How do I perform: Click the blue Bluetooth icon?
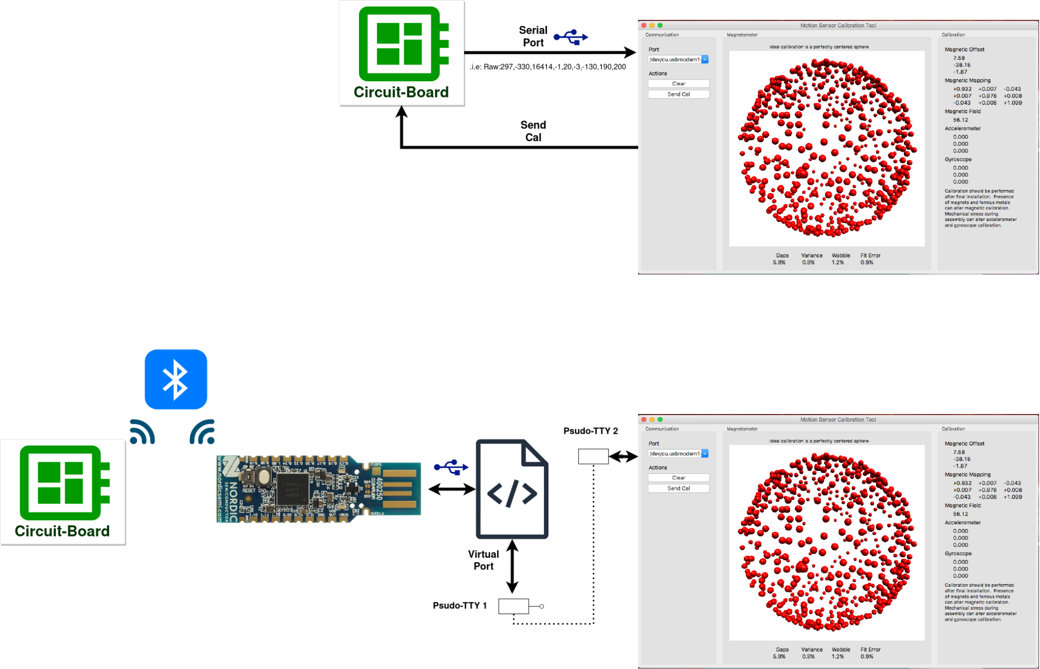pyautogui.click(x=176, y=379)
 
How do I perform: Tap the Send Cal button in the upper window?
pyautogui.click(x=678, y=94)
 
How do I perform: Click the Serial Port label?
pyautogui.click(x=533, y=37)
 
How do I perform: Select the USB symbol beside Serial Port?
pyautogui.click(x=571, y=37)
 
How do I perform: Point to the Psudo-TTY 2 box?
pyautogui.click(x=593, y=456)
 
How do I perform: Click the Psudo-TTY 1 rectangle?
pyautogui.click(x=513, y=606)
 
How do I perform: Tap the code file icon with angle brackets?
pyautogui.click(x=512, y=489)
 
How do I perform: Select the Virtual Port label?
pyautogui.click(x=483, y=560)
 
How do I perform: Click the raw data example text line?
pyautogui.click(x=547, y=67)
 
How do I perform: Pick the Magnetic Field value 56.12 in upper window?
pyautogui.click(x=960, y=120)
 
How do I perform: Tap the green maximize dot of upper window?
pyautogui.click(x=660, y=25)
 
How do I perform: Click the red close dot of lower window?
pyautogui.click(x=644, y=420)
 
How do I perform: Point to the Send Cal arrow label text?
pyautogui.click(x=533, y=131)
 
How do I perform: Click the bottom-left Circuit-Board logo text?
pyautogui.click(x=62, y=531)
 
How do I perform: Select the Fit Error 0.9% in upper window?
pyautogui.click(x=869, y=259)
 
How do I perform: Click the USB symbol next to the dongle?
pyautogui.click(x=451, y=467)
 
